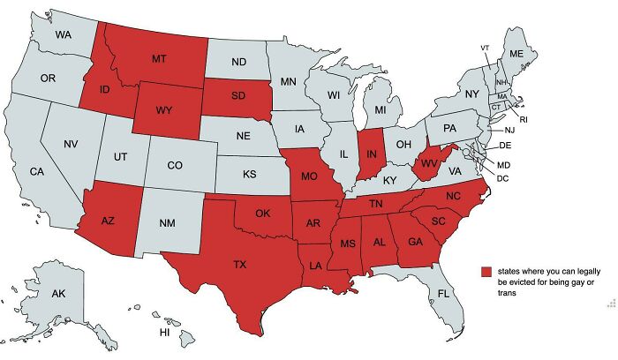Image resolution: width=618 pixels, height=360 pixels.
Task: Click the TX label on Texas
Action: (x=240, y=265)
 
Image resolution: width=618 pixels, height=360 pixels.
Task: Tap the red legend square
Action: (x=485, y=272)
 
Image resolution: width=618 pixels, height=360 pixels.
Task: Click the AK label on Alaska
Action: (x=57, y=293)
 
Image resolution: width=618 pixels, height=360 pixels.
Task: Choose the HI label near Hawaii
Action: (x=163, y=333)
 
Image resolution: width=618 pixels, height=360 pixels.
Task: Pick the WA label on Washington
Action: (x=63, y=35)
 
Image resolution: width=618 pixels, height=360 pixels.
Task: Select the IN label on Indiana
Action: (x=372, y=155)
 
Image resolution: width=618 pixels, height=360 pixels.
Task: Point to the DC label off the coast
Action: (x=503, y=178)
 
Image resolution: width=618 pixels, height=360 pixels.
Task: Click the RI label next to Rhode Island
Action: (x=523, y=118)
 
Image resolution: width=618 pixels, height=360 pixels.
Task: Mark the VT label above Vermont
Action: (x=485, y=47)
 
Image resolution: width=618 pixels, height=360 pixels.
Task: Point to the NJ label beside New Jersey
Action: (x=509, y=130)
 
